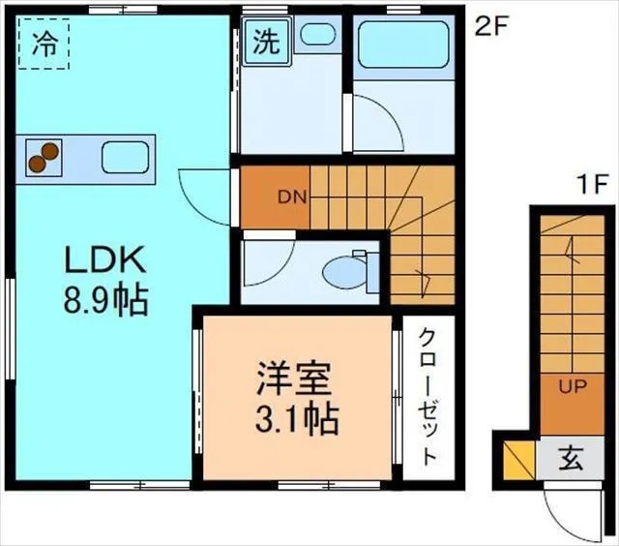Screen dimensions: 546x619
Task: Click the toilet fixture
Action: (x=344, y=271)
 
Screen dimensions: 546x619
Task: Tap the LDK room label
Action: (x=103, y=260)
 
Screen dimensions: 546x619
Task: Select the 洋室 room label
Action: (x=293, y=376)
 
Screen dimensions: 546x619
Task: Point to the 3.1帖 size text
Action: (x=293, y=419)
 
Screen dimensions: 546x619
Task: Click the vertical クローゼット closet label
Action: (x=427, y=397)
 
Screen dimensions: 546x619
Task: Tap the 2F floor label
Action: (x=490, y=26)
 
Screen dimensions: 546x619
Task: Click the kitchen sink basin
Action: (x=124, y=155)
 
